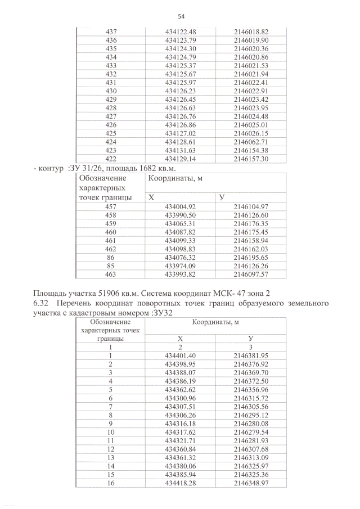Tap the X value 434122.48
(x=181, y=32)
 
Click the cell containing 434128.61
(x=181, y=142)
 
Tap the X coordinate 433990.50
(x=181, y=215)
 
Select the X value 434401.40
(x=181, y=355)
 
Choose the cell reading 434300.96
(x=181, y=398)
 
